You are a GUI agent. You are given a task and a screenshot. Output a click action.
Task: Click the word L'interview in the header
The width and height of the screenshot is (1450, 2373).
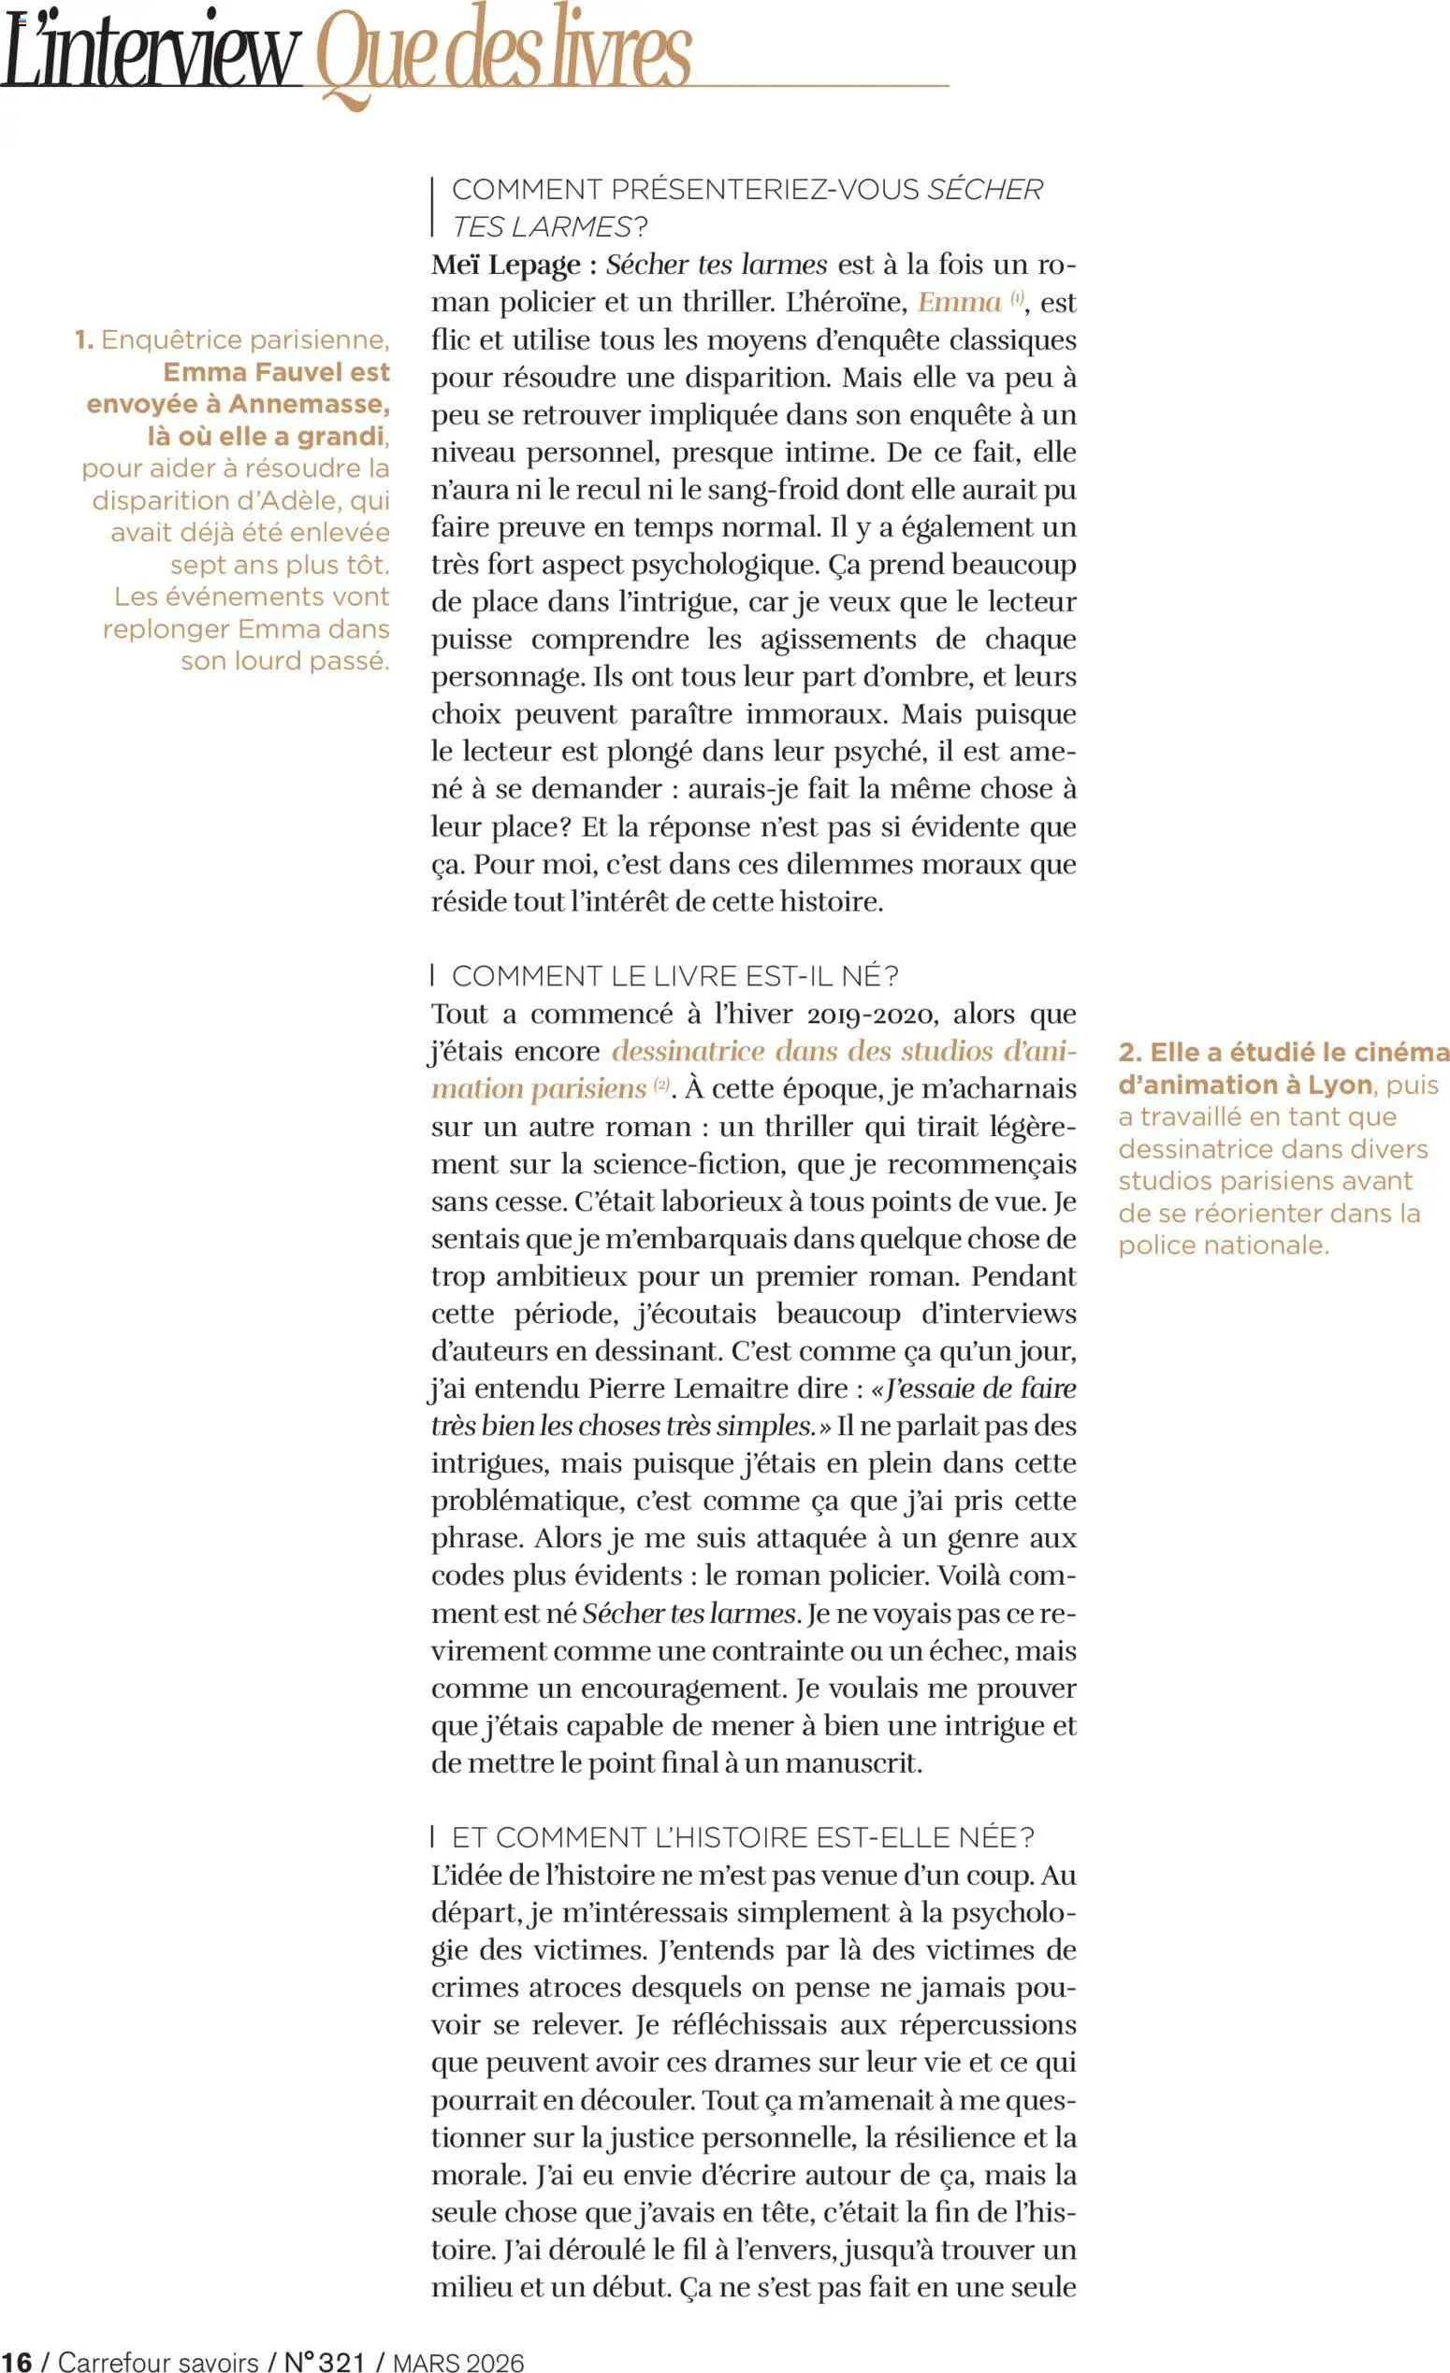click(x=152, y=56)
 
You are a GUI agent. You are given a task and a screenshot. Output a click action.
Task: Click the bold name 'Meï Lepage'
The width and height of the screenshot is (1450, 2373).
click(x=506, y=265)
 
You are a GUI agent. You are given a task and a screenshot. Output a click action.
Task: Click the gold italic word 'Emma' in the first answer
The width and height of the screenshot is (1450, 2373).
click(x=959, y=302)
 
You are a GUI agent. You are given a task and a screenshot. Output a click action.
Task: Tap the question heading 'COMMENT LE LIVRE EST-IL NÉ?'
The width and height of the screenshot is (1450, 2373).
click(x=674, y=975)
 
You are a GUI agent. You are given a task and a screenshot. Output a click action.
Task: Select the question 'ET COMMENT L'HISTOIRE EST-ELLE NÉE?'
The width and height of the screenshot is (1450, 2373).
click(x=742, y=1837)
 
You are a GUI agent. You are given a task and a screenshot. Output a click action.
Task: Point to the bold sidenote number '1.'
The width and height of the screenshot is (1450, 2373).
click(x=84, y=340)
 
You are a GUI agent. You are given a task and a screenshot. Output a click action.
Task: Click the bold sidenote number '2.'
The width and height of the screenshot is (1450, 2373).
click(x=1130, y=1052)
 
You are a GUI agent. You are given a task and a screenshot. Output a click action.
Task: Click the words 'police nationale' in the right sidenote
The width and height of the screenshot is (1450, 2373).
click(x=1223, y=1245)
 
